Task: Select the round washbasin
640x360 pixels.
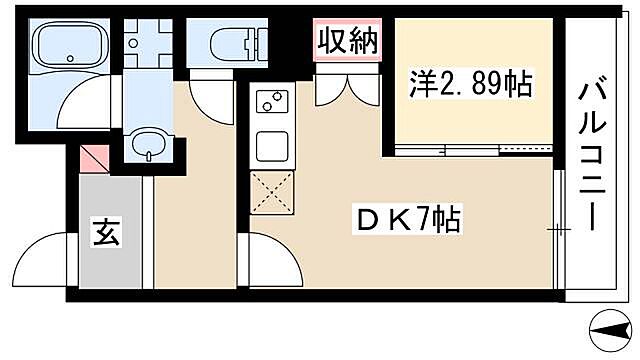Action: click(148, 143)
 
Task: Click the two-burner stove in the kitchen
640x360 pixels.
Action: click(271, 101)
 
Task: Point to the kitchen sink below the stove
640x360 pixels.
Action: click(271, 145)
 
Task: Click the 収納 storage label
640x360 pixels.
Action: click(348, 41)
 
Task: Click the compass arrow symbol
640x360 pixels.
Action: click(611, 329)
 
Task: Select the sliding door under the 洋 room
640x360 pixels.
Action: click(470, 151)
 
